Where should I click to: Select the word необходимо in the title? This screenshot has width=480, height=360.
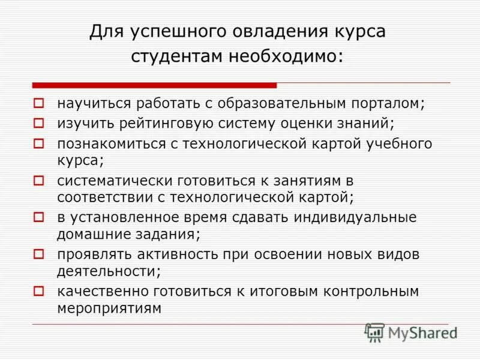click(x=286, y=56)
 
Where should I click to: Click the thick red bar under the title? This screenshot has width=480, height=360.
click(x=155, y=85)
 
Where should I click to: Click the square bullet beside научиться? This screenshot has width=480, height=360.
click(x=39, y=103)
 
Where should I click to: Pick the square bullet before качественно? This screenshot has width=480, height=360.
click(x=39, y=291)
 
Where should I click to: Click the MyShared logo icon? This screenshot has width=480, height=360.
click(x=375, y=332)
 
